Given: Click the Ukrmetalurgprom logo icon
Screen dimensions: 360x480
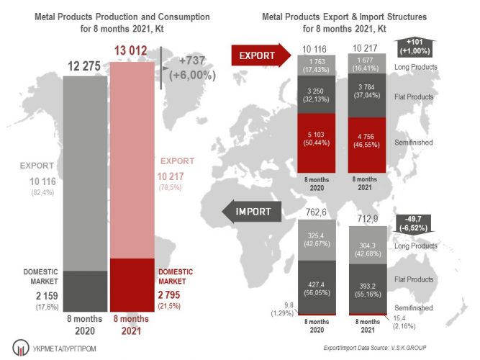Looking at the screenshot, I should pos(19,347).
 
